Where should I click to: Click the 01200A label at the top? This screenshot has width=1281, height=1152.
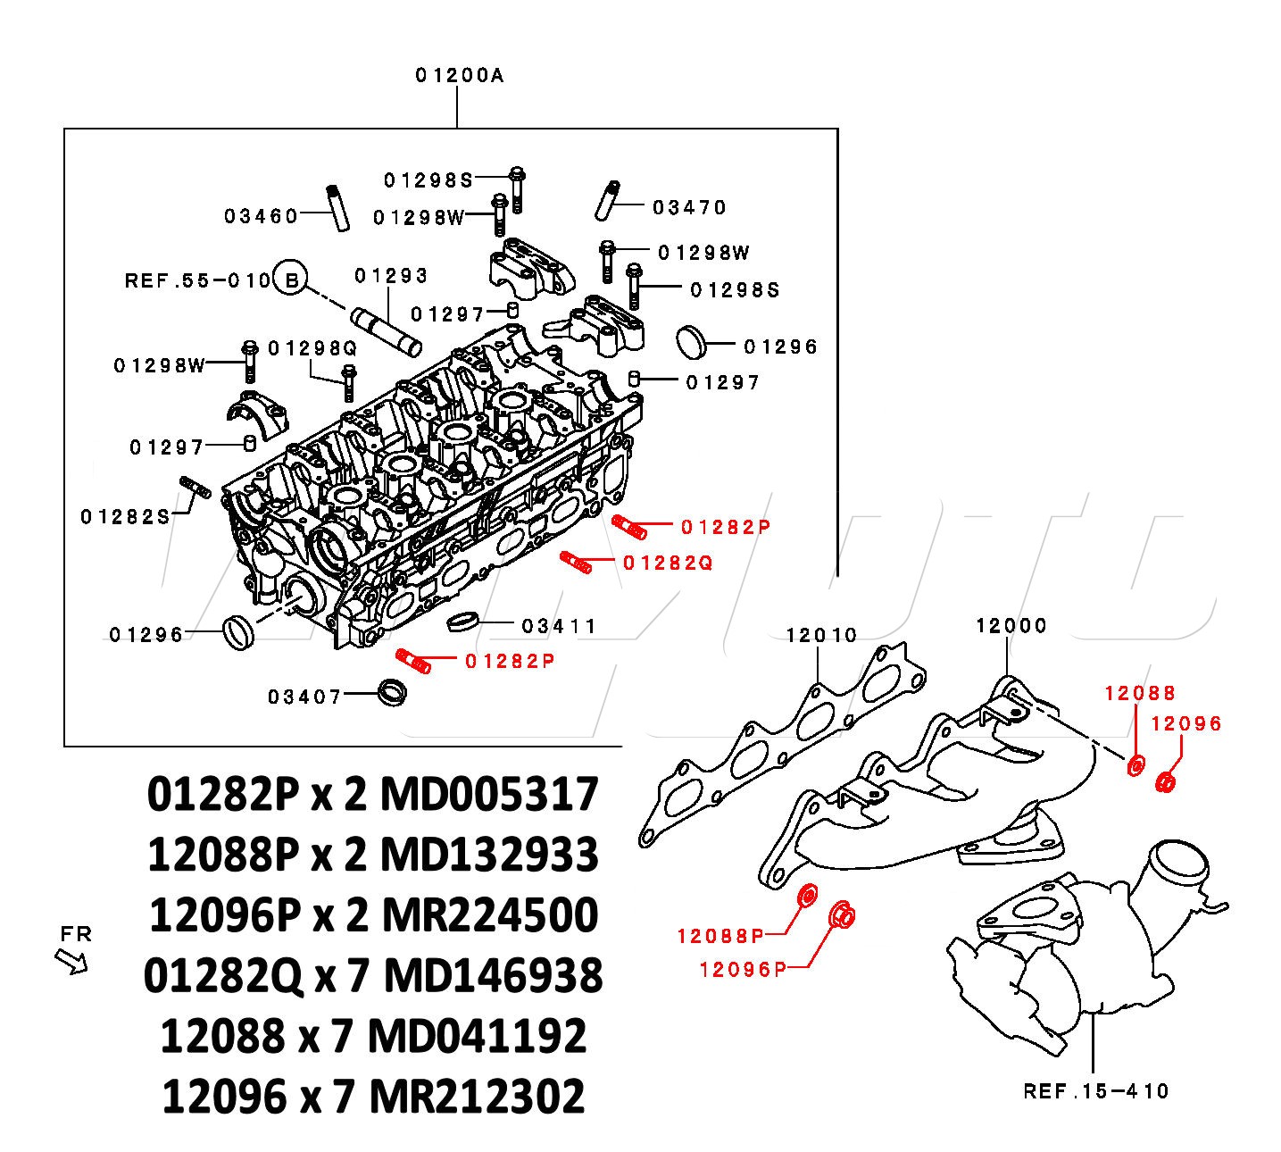click(459, 75)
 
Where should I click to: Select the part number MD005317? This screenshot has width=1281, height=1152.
click(489, 794)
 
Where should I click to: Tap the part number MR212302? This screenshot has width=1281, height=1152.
click(477, 1097)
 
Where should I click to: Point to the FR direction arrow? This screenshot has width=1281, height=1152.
click(71, 960)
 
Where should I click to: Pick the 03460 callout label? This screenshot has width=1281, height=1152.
click(262, 216)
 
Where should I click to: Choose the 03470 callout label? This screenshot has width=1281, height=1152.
click(690, 207)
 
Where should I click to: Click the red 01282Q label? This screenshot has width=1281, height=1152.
click(668, 563)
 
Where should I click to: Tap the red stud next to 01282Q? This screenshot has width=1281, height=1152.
click(576, 563)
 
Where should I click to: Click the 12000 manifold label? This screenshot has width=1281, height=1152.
click(1011, 625)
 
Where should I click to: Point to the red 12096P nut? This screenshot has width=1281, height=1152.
click(842, 914)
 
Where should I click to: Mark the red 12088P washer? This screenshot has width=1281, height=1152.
click(807, 895)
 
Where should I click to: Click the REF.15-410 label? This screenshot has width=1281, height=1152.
click(1096, 1090)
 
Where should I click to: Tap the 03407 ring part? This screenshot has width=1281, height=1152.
click(392, 693)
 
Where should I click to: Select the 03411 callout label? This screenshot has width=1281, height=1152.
click(559, 625)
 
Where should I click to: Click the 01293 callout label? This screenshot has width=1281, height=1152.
click(391, 275)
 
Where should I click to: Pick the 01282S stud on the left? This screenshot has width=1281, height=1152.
click(195, 488)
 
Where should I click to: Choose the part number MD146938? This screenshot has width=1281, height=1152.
click(494, 976)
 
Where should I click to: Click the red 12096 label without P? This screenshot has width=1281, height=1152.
click(1185, 723)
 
